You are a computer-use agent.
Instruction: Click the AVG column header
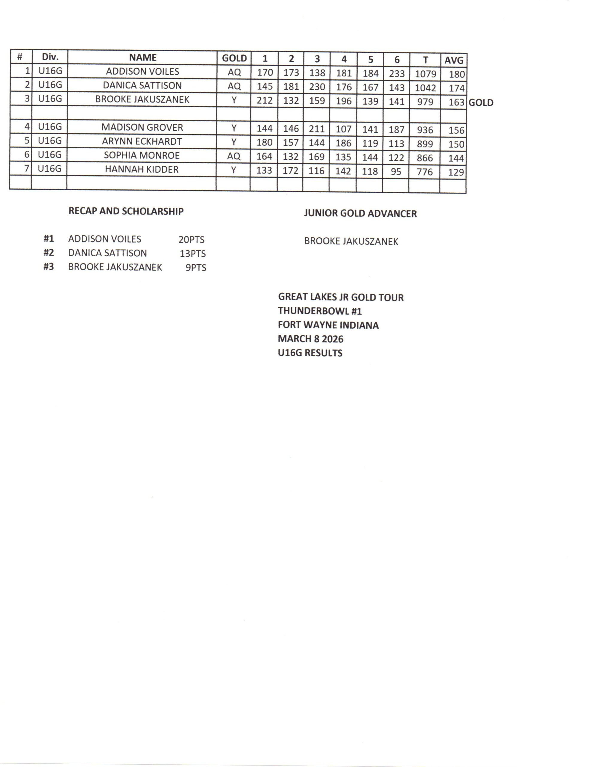(454, 60)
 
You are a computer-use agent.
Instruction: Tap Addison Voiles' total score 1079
(425, 74)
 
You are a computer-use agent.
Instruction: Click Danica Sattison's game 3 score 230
(317, 87)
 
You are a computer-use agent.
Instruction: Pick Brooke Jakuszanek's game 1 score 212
(265, 100)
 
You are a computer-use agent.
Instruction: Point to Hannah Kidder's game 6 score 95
(396, 171)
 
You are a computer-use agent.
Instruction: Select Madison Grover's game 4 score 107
(343, 129)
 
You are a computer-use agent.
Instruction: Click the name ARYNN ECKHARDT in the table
(142, 141)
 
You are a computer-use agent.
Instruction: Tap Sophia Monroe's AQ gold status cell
(234, 156)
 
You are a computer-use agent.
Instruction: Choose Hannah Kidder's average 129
(456, 172)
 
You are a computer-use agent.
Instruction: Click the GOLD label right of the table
(481, 102)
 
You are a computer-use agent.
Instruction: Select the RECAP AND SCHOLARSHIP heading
(126, 211)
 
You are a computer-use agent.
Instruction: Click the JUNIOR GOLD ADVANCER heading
(360, 214)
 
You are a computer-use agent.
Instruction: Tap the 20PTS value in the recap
(191, 239)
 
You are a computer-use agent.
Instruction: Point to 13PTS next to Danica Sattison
(193, 253)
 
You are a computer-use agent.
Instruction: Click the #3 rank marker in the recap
(48, 267)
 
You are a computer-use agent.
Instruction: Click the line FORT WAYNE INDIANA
(328, 325)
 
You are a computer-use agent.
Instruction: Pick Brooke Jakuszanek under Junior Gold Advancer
(351, 241)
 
